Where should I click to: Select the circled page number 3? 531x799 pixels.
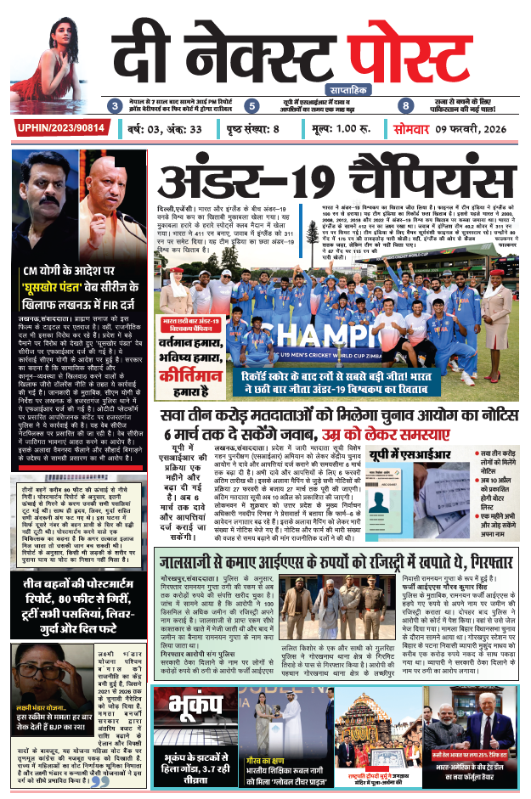[115, 106]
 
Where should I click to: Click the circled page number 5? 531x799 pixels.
[251, 106]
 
